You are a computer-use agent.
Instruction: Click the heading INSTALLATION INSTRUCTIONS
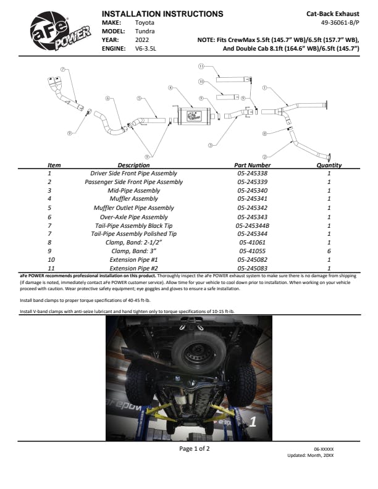[x=162, y=14]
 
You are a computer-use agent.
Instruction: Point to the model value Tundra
[x=145, y=30]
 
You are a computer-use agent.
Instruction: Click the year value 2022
[x=142, y=39]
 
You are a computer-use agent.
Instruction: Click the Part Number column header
[x=253, y=165]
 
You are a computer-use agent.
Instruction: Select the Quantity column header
[x=329, y=165]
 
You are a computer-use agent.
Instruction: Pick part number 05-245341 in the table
[x=253, y=199]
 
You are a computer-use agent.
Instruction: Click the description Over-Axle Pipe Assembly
[x=133, y=217]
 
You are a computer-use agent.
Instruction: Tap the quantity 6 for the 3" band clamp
[x=329, y=252]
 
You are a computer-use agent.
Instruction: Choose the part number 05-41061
[x=252, y=243]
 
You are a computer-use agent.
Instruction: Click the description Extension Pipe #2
[x=133, y=269]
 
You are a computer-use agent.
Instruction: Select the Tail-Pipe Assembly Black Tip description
[x=133, y=226]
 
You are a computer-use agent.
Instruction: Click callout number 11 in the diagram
[x=201, y=65]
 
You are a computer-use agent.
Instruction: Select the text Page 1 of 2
[x=194, y=448]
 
